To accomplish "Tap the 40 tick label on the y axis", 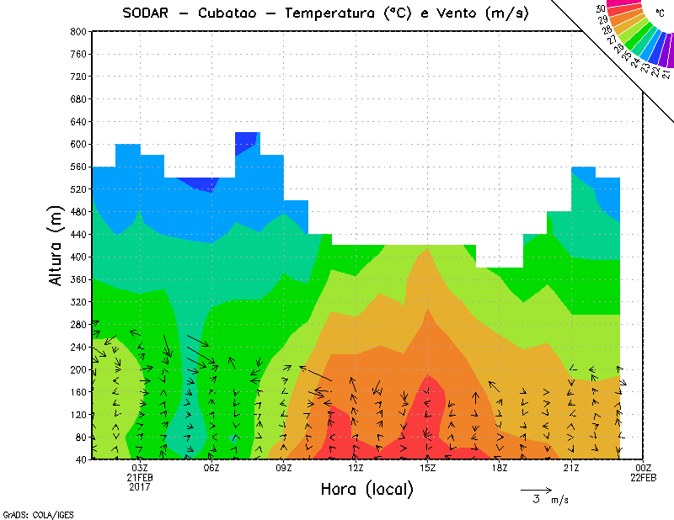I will pos(81,459).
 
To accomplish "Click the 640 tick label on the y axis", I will pos(78,121).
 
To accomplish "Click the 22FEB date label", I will pos(644,478).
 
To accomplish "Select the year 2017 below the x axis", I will pos(140,487).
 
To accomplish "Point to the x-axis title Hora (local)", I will pos(366,490).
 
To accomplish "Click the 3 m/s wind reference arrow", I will pos(536,489).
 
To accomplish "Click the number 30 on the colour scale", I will pos(601,8).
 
